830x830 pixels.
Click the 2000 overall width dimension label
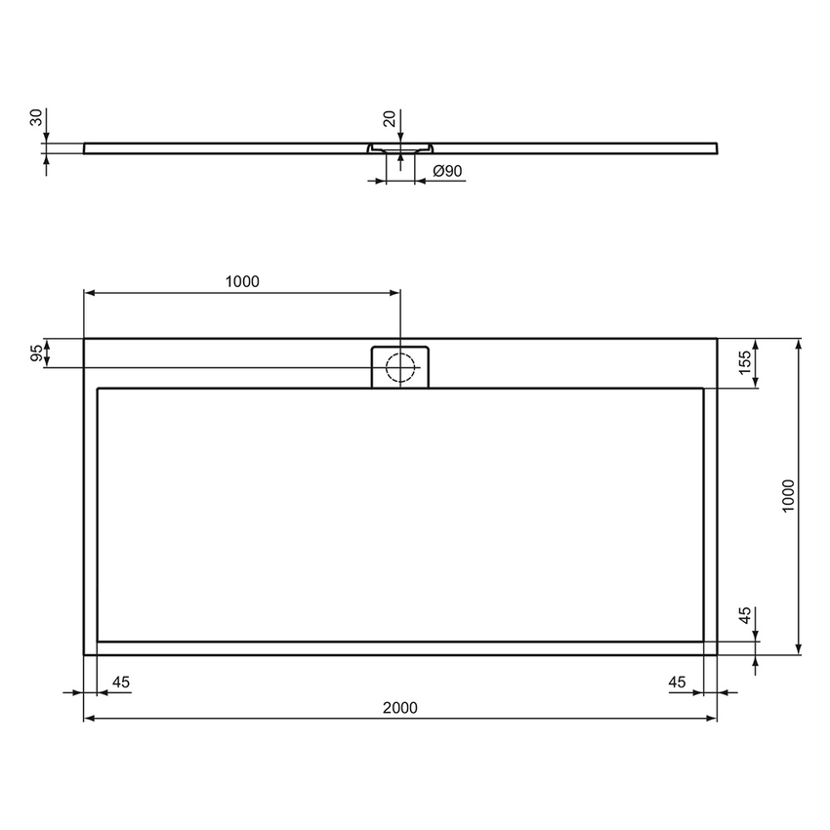pyautogui.click(x=400, y=708)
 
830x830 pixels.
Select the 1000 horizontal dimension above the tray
pyautogui.click(x=242, y=282)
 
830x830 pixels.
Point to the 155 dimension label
pyautogui.click(x=744, y=363)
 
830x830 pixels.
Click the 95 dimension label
pyautogui.click(x=37, y=353)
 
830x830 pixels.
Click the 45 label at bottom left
pyautogui.click(x=122, y=682)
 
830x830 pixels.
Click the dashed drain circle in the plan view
pyautogui.click(x=400, y=367)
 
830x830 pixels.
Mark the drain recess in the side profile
pyautogui.click(x=400, y=149)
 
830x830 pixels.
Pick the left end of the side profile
pyautogui.click(x=86, y=148)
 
